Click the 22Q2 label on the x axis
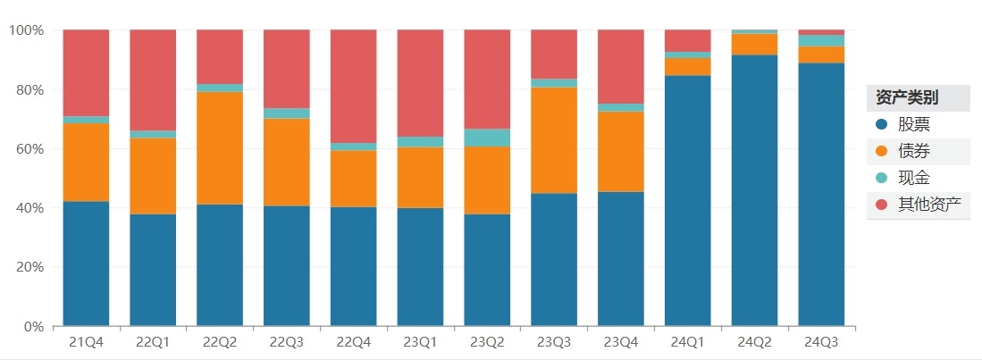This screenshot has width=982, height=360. (x=220, y=341)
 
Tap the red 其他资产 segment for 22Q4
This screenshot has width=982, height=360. (x=353, y=86)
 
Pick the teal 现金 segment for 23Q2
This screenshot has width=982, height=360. (x=487, y=138)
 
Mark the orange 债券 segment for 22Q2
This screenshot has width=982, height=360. (x=220, y=148)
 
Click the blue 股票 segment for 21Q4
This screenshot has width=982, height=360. (x=86, y=264)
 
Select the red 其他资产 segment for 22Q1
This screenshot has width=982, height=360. (x=153, y=80)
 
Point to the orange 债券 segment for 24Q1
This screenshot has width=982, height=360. (x=688, y=67)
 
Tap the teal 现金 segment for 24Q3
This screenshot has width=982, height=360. (x=821, y=40)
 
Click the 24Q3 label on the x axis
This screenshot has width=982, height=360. (x=821, y=341)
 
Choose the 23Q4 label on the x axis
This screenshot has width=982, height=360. (x=621, y=341)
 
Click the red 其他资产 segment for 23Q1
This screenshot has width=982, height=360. (x=420, y=83)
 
